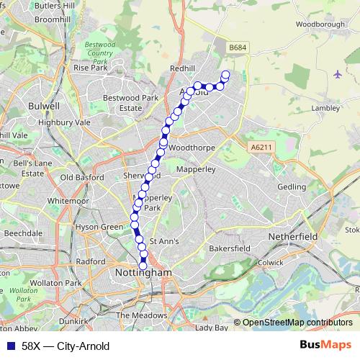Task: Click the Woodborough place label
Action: pyautogui.click(x=320, y=24)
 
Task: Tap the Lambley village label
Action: pyautogui.click(x=325, y=107)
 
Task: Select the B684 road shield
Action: pyautogui.click(x=237, y=48)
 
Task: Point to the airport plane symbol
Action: pyautogui.click(x=338, y=74)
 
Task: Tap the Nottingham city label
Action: pyautogui.click(x=143, y=274)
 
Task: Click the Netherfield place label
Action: pyautogui.click(x=292, y=235)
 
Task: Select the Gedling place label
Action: pyautogui.click(x=292, y=186)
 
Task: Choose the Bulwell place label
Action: pyautogui.click(x=42, y=106)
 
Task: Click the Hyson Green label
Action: pyautogui.click(x=100, y=227)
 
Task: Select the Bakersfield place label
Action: pyautogui.click(x=229, y=248)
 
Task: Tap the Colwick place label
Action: pyautogui.click(x=271, y=262)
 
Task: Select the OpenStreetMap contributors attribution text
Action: pyautogui.click(x=297, y=323)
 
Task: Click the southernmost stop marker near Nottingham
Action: pyautogui.click(x=143, y=266)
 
